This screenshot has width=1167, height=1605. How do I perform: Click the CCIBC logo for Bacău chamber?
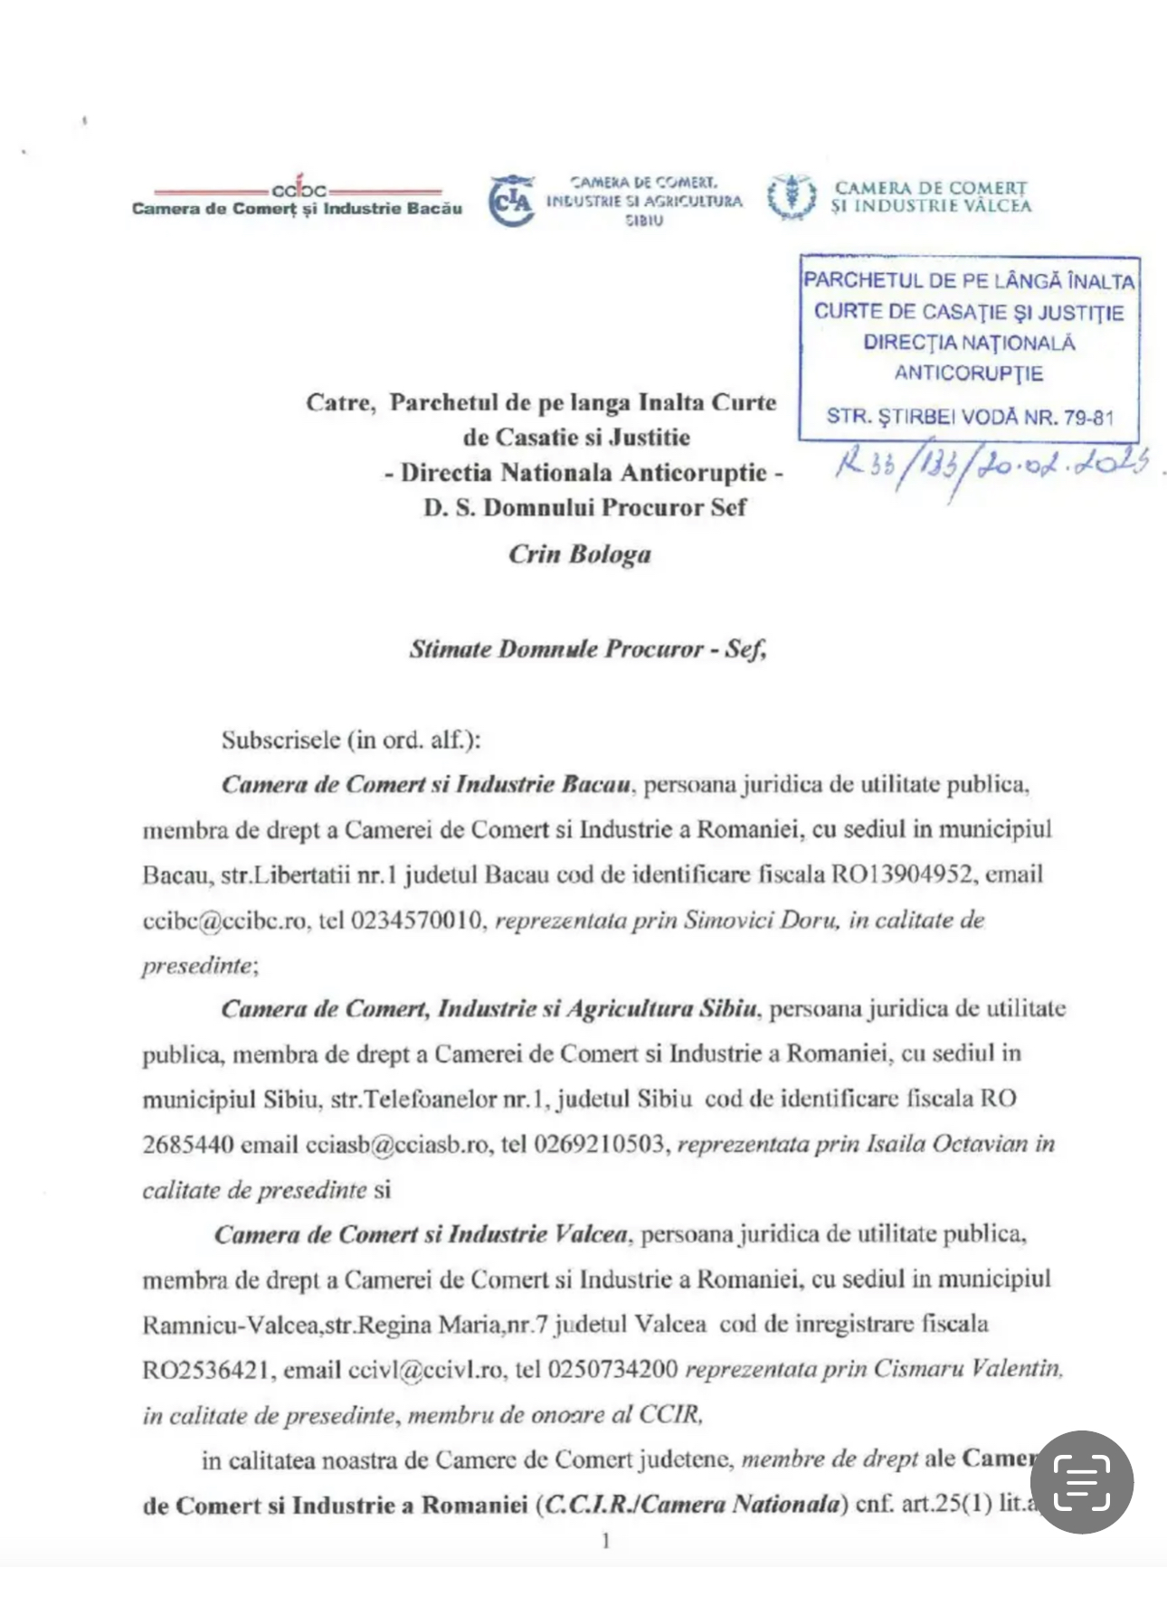(x=298, y=190)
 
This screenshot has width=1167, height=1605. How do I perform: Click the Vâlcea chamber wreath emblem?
(x=792, y=197)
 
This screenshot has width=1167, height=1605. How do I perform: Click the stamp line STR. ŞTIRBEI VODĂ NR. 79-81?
(x=969, y=417)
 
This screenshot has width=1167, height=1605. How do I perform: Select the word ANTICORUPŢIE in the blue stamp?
(x=968, y=373)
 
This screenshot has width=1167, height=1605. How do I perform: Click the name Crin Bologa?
(x=579, y=554)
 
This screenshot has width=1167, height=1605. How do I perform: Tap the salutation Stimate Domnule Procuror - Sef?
(x=587, y=649)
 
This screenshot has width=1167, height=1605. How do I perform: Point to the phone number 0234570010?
(x=416, y=921)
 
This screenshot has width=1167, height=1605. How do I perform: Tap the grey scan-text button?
(x=1082, y=1482)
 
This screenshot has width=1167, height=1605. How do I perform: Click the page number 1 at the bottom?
(x=605, y=1541)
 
